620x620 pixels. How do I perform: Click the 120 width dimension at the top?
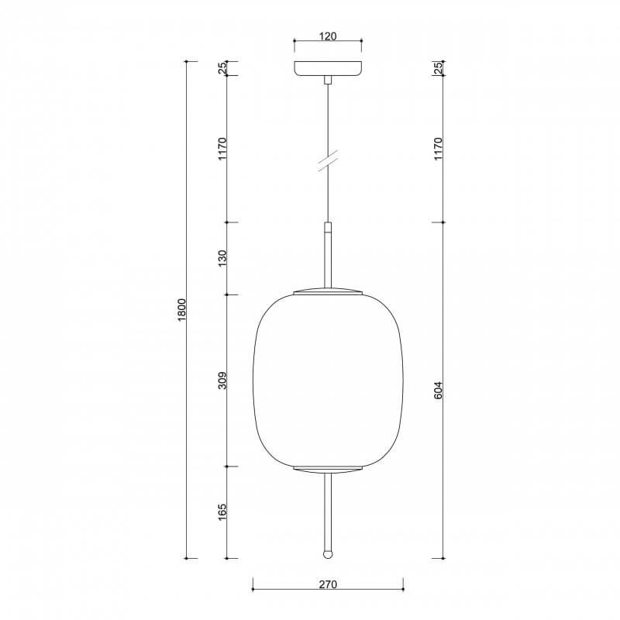(x=328, y=36)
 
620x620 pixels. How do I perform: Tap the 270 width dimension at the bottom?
(x=328, y=584)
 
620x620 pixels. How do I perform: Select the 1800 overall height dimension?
(x=181, y=309)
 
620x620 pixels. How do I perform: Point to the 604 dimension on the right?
(x=438, y=390)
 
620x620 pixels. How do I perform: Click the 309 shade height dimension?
(x=222, y=381)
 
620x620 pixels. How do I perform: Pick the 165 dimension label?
(x=222, y=511)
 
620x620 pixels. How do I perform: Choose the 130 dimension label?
(x=222, y=258)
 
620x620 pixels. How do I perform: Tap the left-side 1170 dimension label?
(x=222, y=149)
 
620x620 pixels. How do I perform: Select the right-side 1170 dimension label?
(x=438, y=149)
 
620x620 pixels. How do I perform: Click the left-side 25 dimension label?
(x=222, y=68)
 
